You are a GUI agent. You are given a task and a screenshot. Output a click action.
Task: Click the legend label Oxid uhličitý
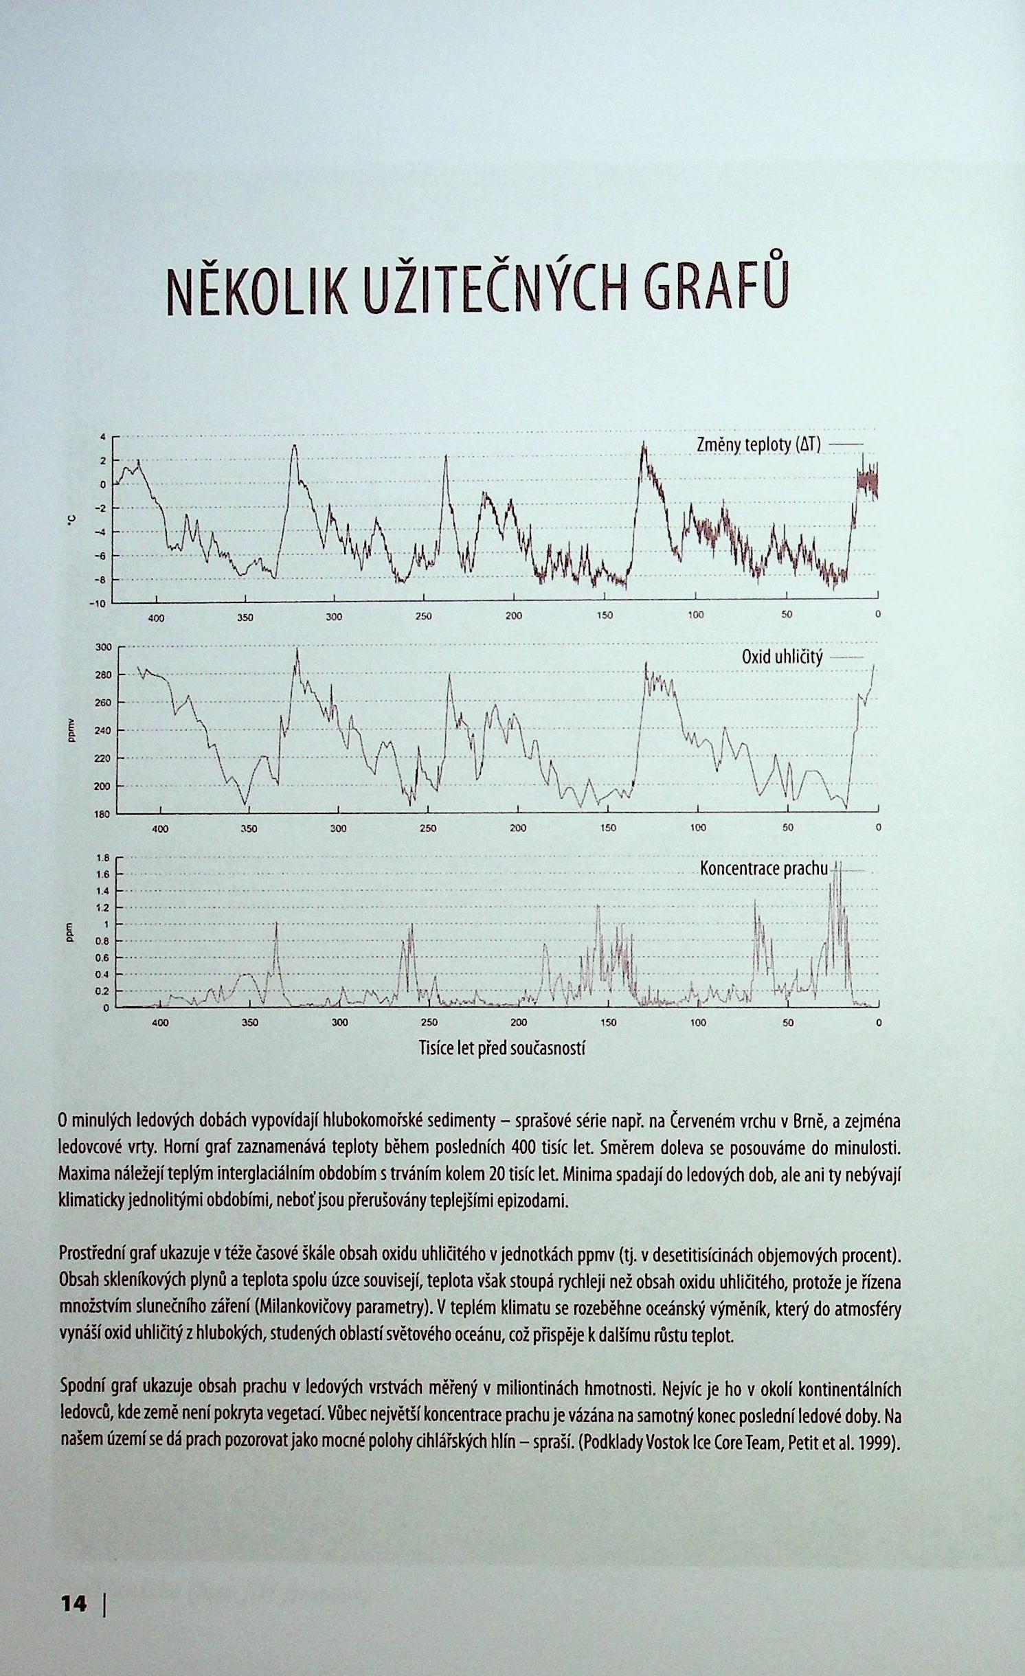click(782, 657)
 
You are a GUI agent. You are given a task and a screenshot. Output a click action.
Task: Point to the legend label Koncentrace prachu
click(764, 869)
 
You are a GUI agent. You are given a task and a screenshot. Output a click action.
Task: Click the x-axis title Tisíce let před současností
click(502, 1048)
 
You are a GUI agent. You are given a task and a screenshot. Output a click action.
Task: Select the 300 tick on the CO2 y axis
click(102, 647)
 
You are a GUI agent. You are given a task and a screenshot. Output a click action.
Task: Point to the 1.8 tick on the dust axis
click(102, 858)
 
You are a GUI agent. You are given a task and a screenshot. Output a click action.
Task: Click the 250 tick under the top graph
click(424, 616)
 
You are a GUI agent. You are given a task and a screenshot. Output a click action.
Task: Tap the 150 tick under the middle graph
click(608, 828)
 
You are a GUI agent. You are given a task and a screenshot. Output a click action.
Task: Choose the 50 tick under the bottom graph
click(788, 1023)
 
